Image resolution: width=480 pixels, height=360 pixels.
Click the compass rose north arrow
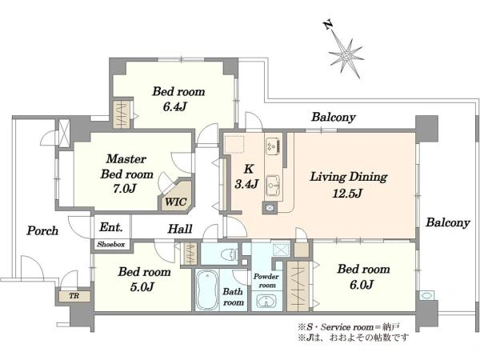click(x=346, y=55)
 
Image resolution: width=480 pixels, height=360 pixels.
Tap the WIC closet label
click(x=176, y=202)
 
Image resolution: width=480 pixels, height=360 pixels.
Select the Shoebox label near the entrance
click(x=111, y=244)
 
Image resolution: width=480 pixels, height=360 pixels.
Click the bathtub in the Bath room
click(x=207, y=290)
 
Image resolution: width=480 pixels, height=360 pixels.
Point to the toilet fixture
click(x=229, y=254)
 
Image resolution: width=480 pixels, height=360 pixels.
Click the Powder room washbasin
click(x=266, y=301)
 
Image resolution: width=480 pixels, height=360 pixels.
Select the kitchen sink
click(x=273, y=186)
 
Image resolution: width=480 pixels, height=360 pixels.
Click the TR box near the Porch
click(x=74, y=296)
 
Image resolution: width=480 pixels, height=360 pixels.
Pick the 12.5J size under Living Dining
click(x=347, y=194)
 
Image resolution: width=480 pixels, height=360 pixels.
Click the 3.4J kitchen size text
click(x=246, y=184)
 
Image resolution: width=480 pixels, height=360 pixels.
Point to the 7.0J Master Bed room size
click(x=124, y=189)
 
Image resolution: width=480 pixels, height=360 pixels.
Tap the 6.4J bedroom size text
click(x=174, y=106)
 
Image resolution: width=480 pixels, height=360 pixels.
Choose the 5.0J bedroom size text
click(x=142, y=287)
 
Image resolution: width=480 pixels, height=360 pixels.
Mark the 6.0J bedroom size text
click(x=362, y=285)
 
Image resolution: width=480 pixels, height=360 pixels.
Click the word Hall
click(x=180, y=229)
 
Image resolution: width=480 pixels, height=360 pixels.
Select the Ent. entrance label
click(x=111, y=227)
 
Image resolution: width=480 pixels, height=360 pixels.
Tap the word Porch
click(x=42, y=230)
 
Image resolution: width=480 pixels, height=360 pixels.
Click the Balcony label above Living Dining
click(x=334, y=118)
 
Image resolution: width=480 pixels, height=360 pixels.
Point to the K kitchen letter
click(x=248, y=169)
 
